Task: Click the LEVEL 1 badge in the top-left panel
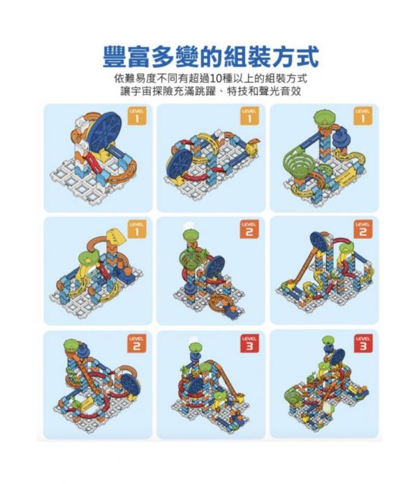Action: pos(137,117)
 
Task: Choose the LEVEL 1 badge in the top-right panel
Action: pos(362,117)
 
